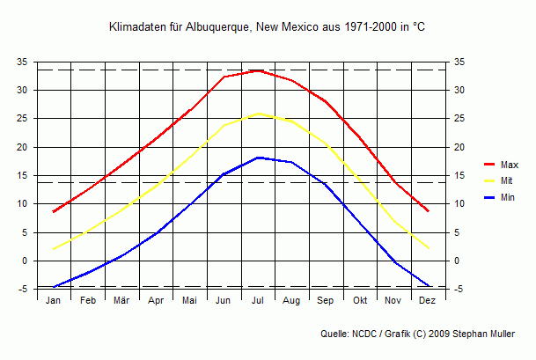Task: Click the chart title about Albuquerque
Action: coord(267,28)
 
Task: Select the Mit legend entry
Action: coord(506,180)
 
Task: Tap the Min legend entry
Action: coord(507,197)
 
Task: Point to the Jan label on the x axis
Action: coord(54,301)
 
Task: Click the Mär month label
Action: coord(121,301)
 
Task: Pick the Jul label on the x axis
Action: coord(258,301)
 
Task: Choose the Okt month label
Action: coord(360,301)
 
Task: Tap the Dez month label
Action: coord(428,301)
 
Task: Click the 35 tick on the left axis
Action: coord(22,62)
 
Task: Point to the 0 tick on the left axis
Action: coord(25,261)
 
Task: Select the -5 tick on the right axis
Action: coord(460,289)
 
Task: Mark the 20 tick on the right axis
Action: coord(460,147)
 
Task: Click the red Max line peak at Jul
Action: coord(258,70)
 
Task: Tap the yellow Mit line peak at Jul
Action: coord(258,114)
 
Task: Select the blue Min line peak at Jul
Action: coord(258,158)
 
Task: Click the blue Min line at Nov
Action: coord(394,261)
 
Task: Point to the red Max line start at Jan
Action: coord(54,212)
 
